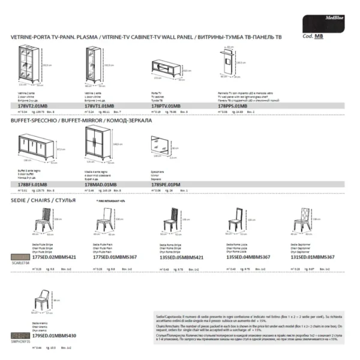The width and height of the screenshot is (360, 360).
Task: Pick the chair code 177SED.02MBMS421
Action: pos(55,256)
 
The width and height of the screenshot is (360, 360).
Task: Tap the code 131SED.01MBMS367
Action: pos(312,256)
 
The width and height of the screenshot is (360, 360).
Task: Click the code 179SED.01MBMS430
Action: pos(55,335)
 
